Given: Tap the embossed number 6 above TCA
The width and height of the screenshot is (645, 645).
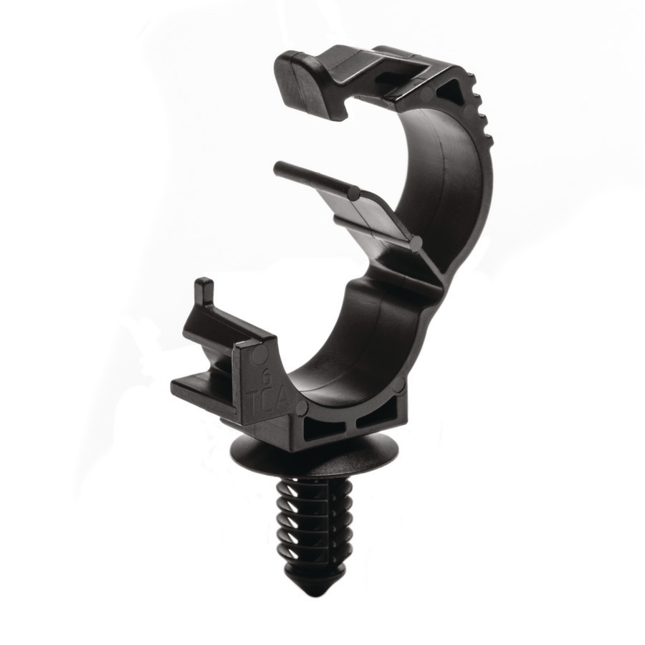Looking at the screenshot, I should (267, 373).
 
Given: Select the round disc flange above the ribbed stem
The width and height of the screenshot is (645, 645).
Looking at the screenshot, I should (315, 459).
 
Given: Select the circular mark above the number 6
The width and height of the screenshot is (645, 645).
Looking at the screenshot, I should (263, 355).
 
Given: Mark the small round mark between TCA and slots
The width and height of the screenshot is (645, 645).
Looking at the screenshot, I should (301, 409).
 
